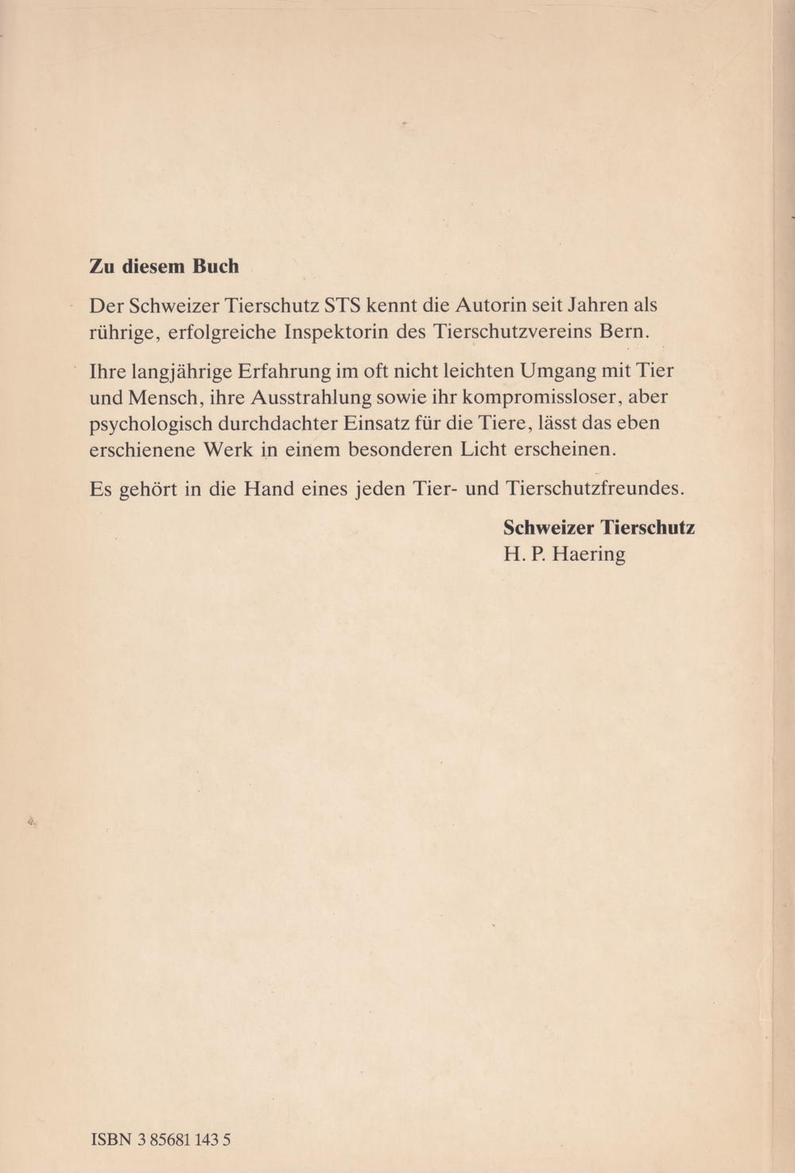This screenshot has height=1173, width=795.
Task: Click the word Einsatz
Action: click(372, 422)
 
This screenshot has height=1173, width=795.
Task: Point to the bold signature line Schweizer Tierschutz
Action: click(599, 527)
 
